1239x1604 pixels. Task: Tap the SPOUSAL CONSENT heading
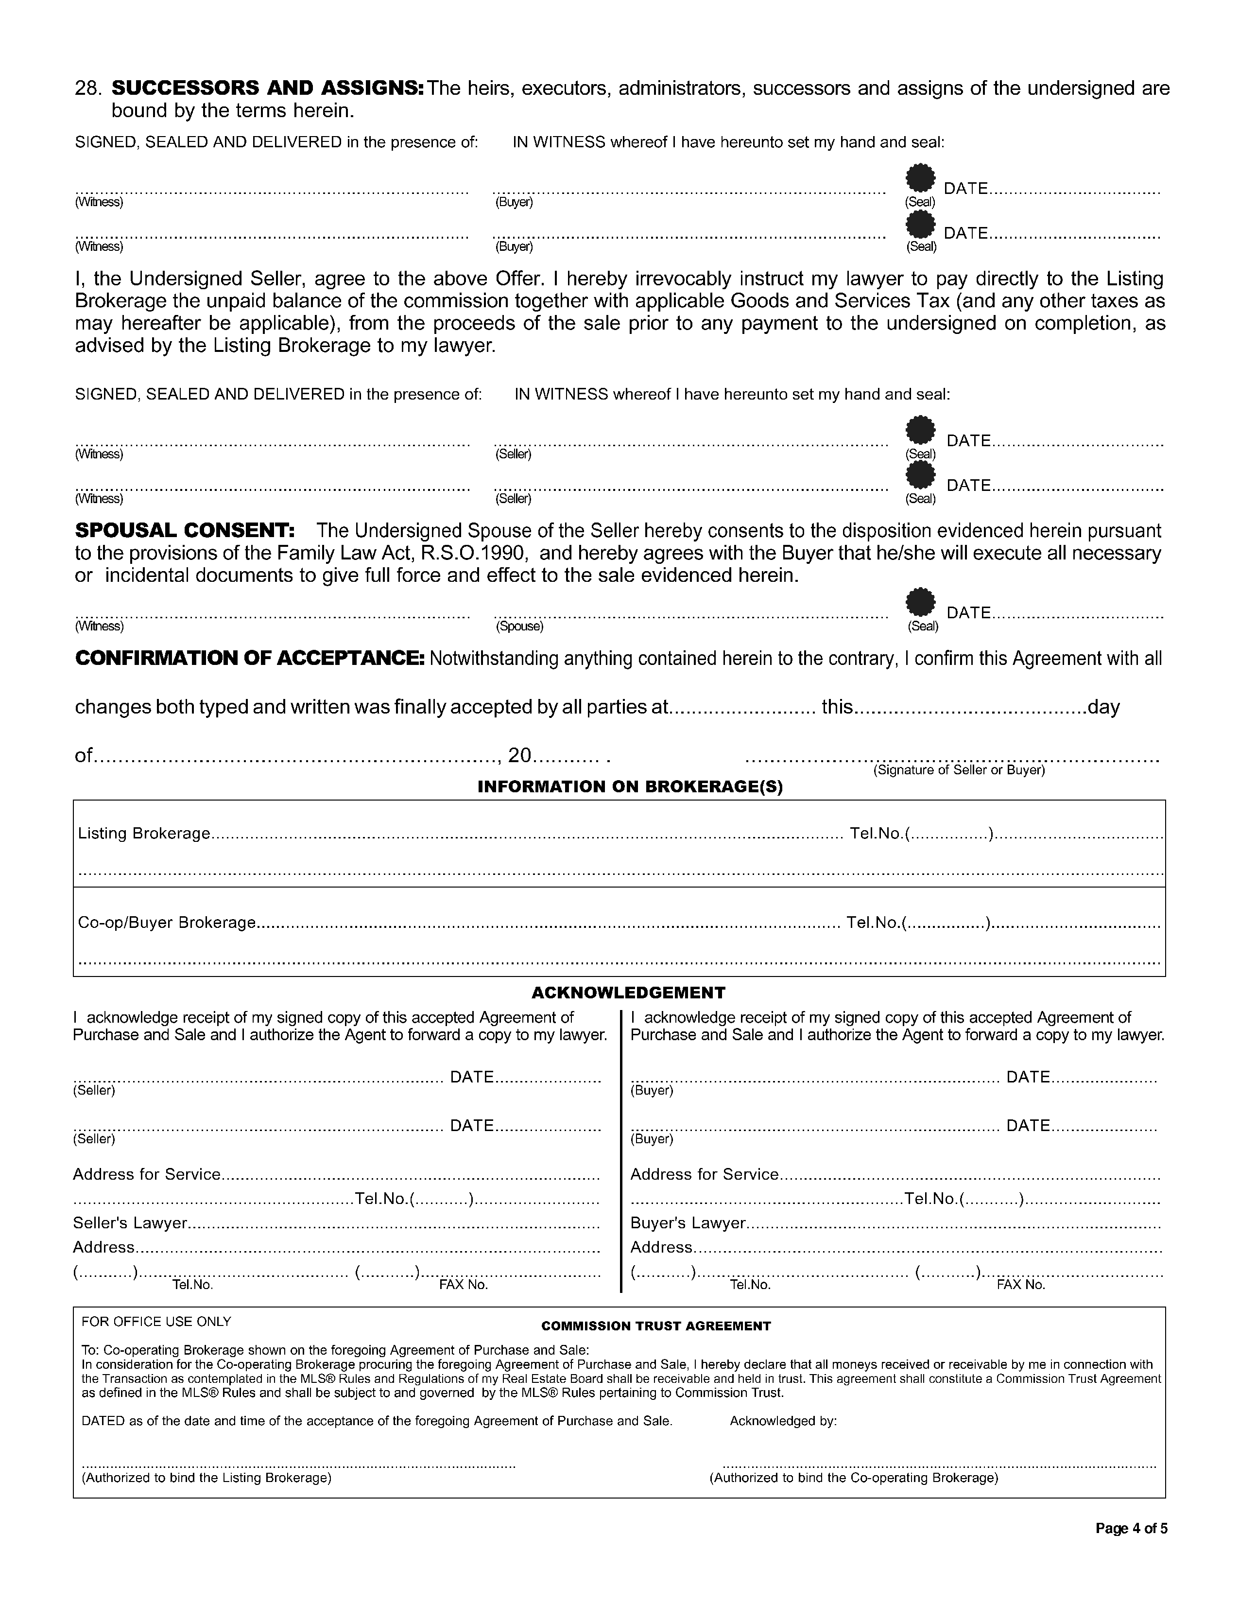[x=185, y=530]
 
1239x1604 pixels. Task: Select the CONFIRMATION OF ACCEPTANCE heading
[x=250, y=658]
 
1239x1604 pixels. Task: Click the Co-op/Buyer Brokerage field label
[x=167, y=923]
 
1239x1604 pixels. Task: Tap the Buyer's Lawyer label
[x=688, y=1223]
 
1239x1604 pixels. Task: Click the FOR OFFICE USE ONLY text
[x=156, y=1321]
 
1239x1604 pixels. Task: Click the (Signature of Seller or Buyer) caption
[x=959, y=770]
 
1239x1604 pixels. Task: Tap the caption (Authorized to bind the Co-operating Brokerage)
[x=854, y=1477]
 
